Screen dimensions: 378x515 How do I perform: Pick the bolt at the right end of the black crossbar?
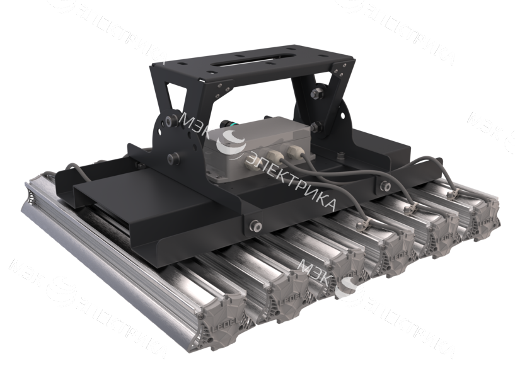pyautogui.click(x=384, y=185)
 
